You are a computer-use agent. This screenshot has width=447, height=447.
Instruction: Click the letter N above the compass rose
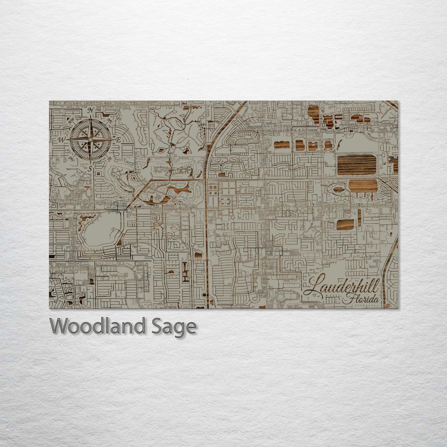pyautogui.click(x=90, y=110)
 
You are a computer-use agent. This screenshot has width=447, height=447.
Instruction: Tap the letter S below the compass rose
pyautogui.click(x=89, y=168)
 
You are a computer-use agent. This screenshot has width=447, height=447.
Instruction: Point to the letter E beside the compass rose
pyautogui.click(x=118, y=140)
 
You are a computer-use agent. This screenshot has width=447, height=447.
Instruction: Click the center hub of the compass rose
pyautogui.click(x=90, y=139)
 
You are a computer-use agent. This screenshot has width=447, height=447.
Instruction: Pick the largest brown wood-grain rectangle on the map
pyautogui.click(x=356, y=164)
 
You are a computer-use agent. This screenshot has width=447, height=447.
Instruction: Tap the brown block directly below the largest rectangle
pyautogui.click(x=363, y=186)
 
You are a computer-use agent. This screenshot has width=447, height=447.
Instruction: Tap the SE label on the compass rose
pyautogui.click(x=109, y=158)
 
